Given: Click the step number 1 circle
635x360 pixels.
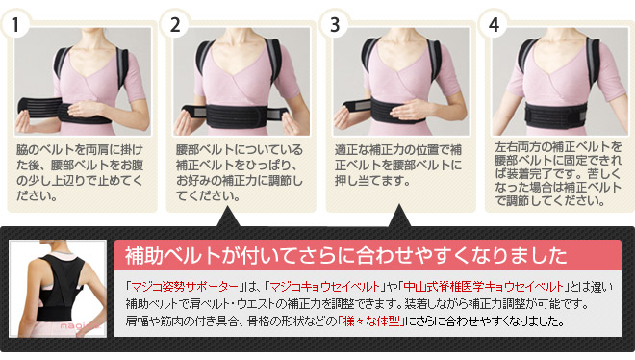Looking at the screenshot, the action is [x=16, y=24].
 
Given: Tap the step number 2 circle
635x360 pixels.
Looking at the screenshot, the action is [x=175, y=24].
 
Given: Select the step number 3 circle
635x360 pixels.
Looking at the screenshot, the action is [x=335, y=24].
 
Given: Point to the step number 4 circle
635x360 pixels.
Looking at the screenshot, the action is [x=494, y=24].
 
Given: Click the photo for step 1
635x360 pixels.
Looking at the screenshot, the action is [x=83, y=81].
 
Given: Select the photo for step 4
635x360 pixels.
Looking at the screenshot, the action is [x=560, y=81].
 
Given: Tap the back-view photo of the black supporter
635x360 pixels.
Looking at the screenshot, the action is [x=58, y=289].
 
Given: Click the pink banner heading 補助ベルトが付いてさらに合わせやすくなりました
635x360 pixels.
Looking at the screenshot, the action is [x=346, y=255].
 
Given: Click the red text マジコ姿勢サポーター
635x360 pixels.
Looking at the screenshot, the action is [x=185, y=287].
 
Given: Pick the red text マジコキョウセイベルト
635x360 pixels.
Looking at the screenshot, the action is [x=325, y=287].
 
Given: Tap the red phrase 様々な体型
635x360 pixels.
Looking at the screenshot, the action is [x=371, y=321].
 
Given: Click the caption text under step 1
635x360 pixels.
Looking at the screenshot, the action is [x=80, y=172].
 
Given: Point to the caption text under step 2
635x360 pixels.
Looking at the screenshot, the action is [x=240, y=172].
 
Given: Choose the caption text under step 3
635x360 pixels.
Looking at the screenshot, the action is [x=398, y=166].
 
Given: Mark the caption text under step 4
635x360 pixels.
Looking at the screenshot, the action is [x=558, y=173].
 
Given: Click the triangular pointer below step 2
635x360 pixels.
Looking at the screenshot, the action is [x=228, y=217].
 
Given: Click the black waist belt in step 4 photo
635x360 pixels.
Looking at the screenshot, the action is [x=556, y=115].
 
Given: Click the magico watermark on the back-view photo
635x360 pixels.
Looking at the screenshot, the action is [x=78, y=326].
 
